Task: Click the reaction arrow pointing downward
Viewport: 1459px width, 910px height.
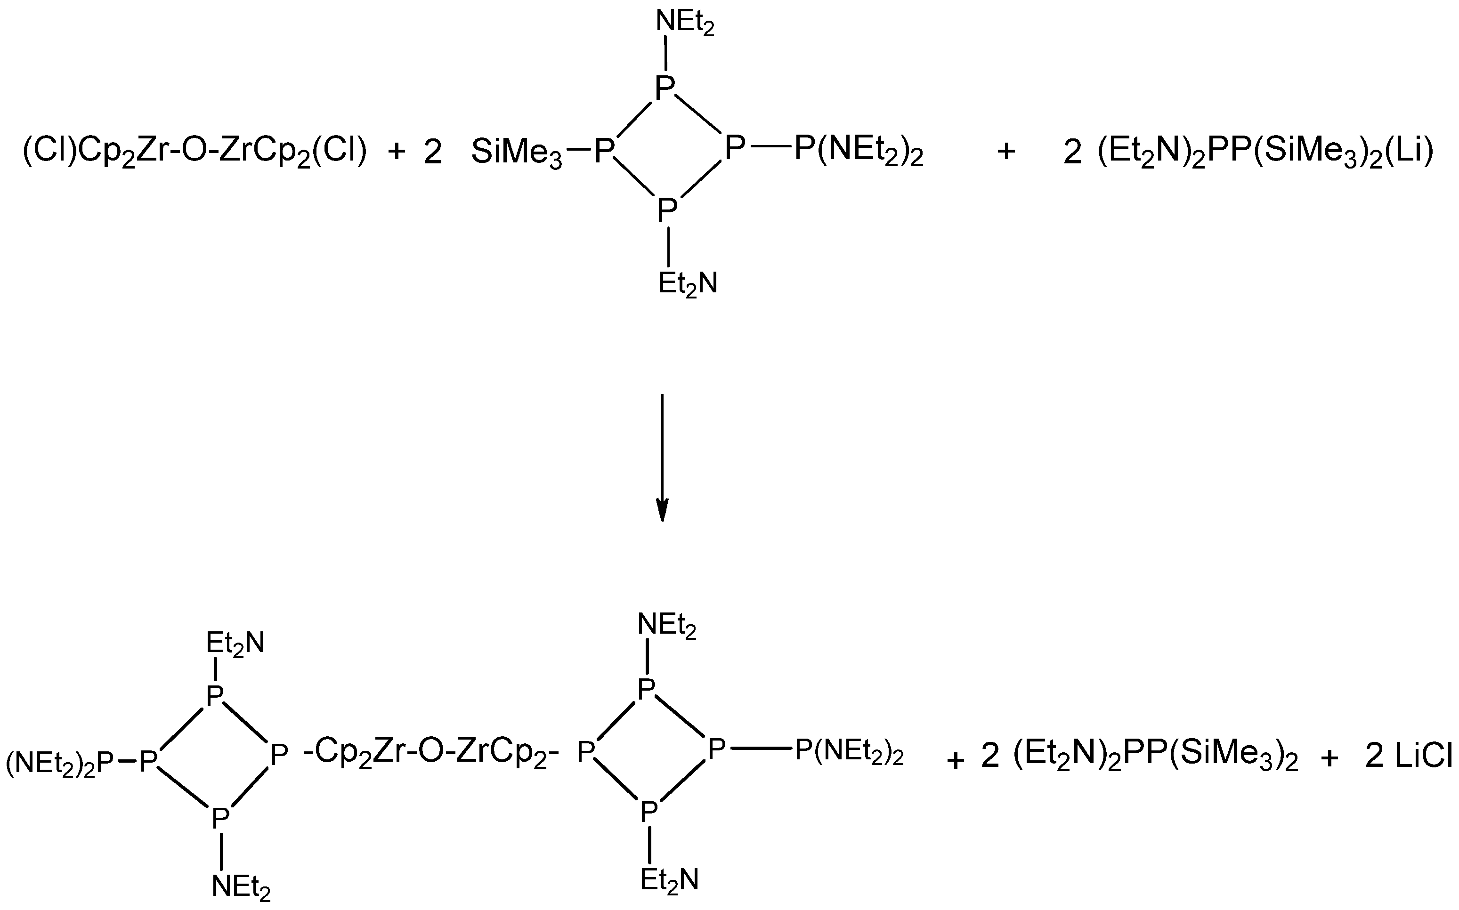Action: pos(662,458)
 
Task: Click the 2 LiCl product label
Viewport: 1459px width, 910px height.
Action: pos(1409,757)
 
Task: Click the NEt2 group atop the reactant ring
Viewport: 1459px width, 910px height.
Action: pos(685,24)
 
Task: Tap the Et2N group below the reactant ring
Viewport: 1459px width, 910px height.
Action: pos(688,283)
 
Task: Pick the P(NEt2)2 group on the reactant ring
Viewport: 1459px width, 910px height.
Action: pos(859,151)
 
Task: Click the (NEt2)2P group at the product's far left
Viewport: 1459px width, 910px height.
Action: pos(60,764)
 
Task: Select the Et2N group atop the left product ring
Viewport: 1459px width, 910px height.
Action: pos(235,643)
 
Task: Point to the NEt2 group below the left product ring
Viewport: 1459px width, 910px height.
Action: pos(241,886)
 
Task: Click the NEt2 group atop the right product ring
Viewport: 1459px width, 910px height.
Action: pos(667,626)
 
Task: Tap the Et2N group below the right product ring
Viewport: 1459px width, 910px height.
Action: pos(669,880)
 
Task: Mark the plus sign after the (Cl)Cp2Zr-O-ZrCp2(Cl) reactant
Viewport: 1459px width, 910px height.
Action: pos(397,152)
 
